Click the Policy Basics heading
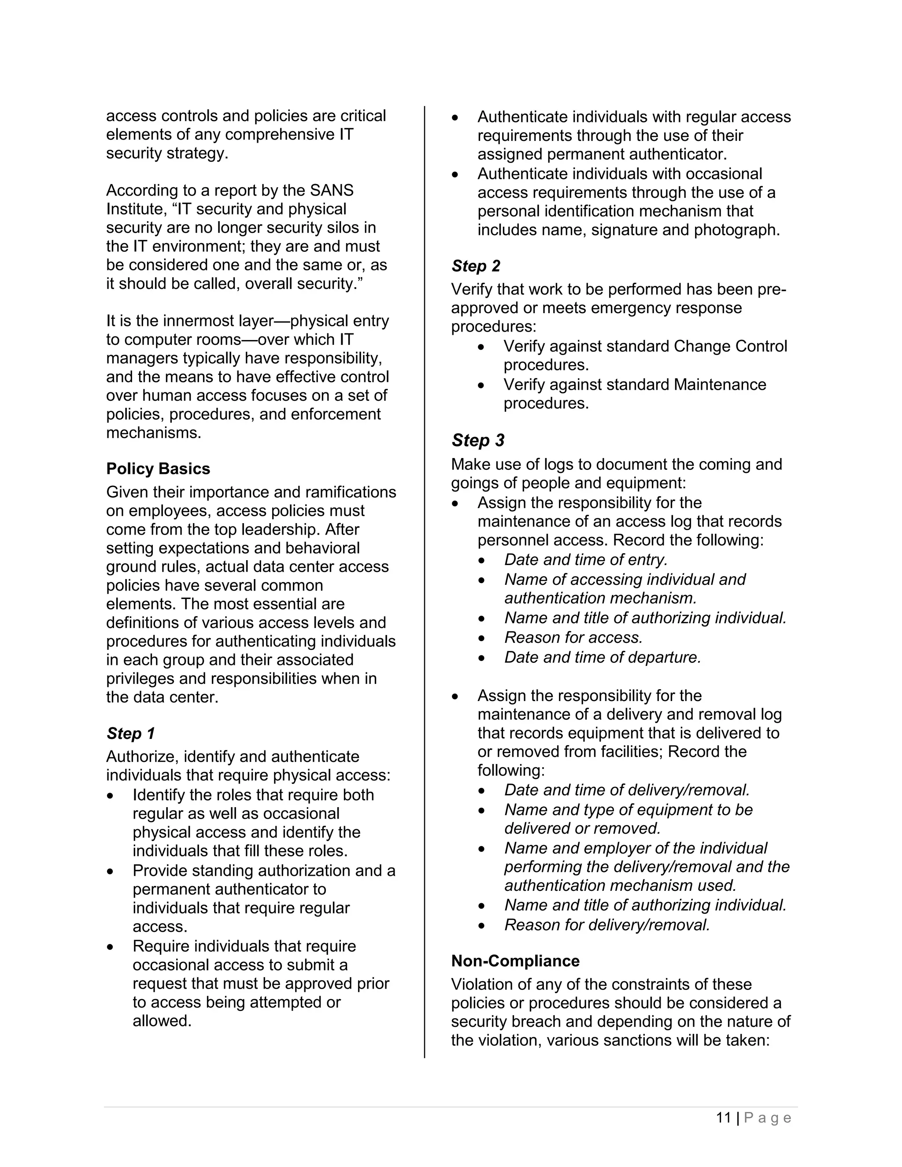(158, 469)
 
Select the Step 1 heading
(130, 733)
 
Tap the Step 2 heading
(476, 266)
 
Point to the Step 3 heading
(478, 440)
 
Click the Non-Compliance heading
(515, 961)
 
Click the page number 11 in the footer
(724, 1118)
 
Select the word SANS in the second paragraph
(332, 190)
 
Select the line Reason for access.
(573, 638)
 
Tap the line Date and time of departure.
(602, 657)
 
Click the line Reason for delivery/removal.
(607, 925)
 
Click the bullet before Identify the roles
(110, 796)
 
